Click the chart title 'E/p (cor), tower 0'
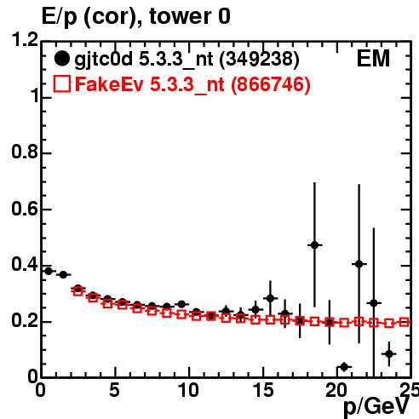tap(136, 17)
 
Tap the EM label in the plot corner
tap(373, 59)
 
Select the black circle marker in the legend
tap(61, 59)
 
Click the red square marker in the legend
tap(61, 84)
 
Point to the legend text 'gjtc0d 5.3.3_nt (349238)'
tap(187, 60)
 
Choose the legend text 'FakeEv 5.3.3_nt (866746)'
tap(192, 85)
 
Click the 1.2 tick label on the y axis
tap(25, 39)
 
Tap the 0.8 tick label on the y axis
tap(25, 152)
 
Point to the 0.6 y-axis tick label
tap(25, 209)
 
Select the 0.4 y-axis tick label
tap(25, 264)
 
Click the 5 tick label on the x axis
tap(114, 390)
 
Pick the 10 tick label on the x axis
tap(188, 390)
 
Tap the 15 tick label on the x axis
tap(263, 390)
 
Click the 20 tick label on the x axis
tap(337, 390)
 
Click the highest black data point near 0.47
tap(314, 245)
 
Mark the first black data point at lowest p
tap(49, 271)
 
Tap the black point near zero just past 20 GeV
tap(344, 367)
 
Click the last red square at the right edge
tap(404, 322)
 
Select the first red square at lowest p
tap(78, 290)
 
